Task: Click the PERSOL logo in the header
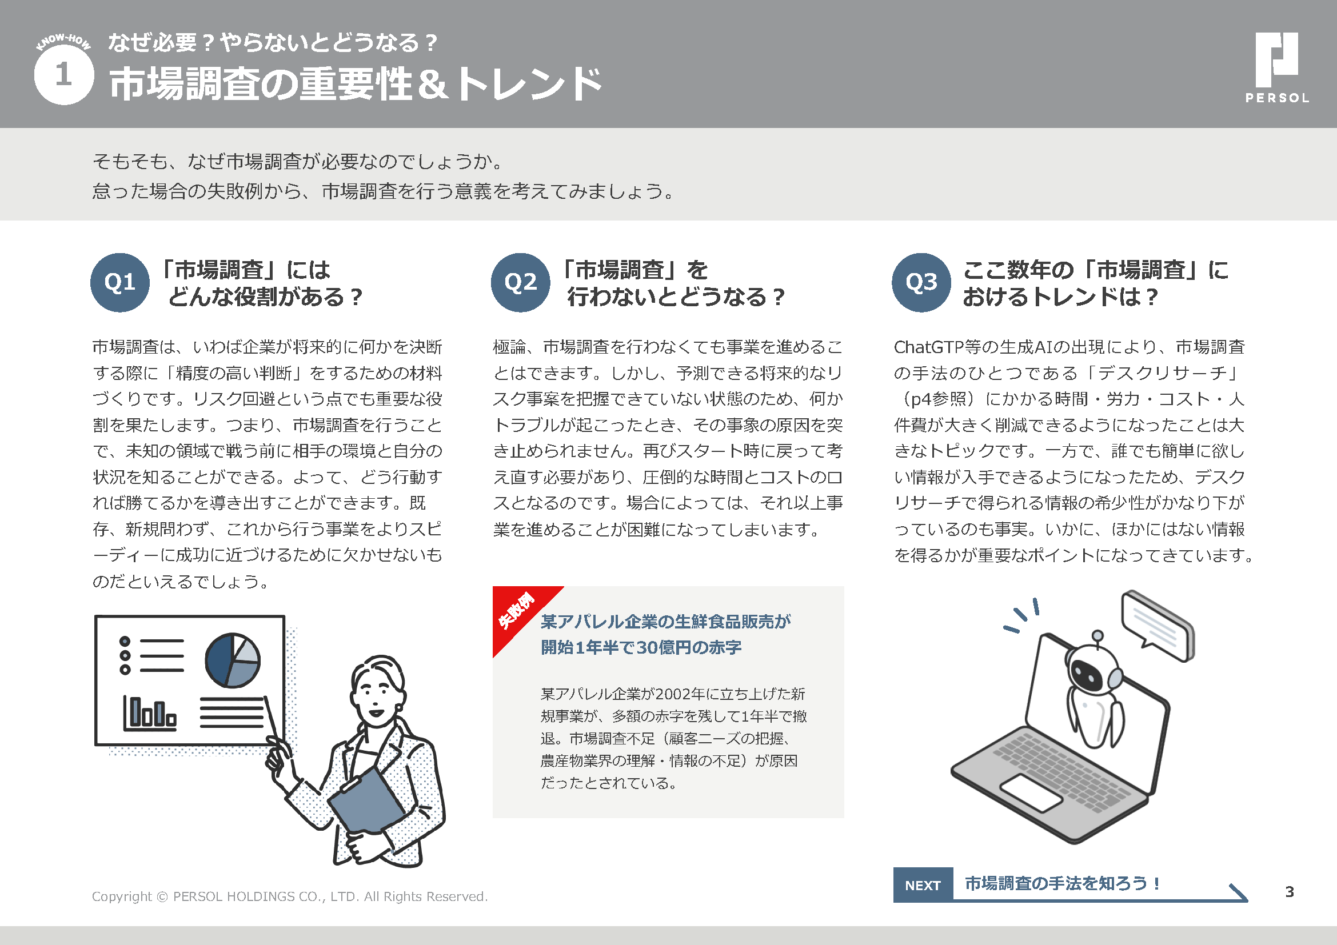1277,67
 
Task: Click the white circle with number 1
64,75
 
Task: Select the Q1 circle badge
120,283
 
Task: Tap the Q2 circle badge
521,283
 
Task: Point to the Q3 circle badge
921,283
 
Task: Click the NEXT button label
923,885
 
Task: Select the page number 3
1289,891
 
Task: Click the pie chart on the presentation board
232,660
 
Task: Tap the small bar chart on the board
150,714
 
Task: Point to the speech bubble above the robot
1158,626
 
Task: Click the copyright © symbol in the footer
162,896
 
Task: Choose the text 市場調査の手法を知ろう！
1063,883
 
